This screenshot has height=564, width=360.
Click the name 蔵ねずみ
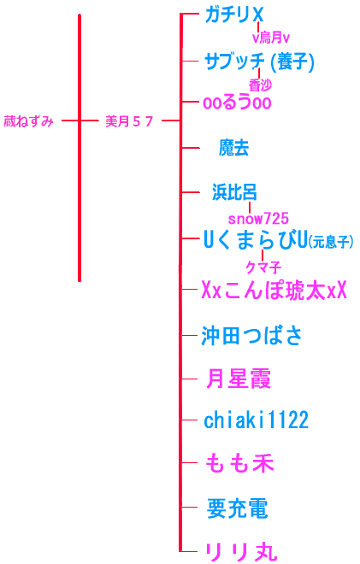[x=28, y=121]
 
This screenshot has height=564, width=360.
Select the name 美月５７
[x=129, y=121]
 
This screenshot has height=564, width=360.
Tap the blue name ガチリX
[x=234, y=15]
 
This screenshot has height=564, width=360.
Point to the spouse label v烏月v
[x=271, y=38]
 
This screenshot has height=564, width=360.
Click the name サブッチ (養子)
[x=259, y=62]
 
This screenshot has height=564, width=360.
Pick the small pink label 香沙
[x=260, y=85]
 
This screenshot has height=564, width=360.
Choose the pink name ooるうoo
[x=237, y=103]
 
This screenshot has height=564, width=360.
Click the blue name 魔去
[x=234, y=148]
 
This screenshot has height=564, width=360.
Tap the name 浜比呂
[x=234, y=192]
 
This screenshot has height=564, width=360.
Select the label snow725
[x=258, y=218]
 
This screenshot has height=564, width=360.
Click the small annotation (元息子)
[x=331, y=241]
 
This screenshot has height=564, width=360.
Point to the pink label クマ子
[x=263, y=267]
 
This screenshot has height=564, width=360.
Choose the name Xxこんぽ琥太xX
[x=274, y=290]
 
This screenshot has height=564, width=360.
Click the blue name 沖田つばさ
[x=251, y=336]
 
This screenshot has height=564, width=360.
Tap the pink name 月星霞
[x=239, y=379]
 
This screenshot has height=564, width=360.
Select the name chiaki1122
[x=256, y=420]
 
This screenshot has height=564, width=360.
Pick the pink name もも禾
[x=239, y=463]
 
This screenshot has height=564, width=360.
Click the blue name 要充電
[x=237, y=508]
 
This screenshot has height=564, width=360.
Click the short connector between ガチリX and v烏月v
[x=258, y=27]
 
